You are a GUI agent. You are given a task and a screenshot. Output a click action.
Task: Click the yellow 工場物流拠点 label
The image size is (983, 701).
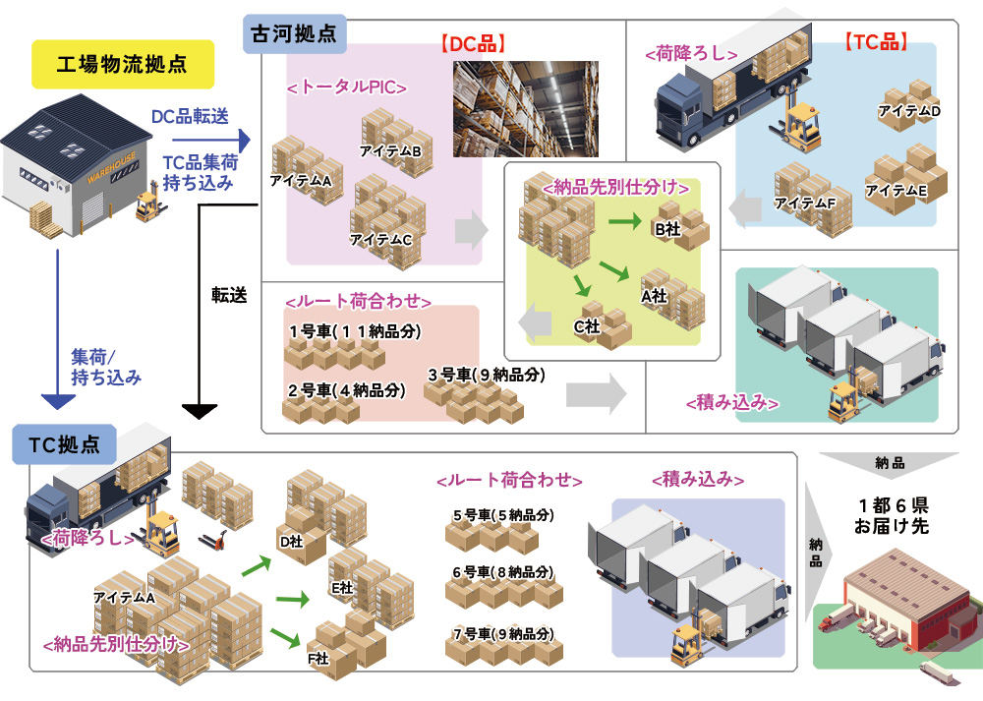click(x=123, y=64)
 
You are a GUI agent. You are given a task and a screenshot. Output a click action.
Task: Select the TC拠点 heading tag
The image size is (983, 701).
click(x=63, y=442)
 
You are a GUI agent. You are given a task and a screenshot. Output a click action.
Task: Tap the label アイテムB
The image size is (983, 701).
click(x=390, y=151)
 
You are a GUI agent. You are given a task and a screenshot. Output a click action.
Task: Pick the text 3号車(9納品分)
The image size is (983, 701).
click(x=486, y=376)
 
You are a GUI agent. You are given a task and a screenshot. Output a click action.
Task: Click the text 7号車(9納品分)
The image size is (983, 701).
click(x=503, y=634)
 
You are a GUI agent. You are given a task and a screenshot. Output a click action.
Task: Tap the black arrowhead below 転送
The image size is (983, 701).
click(x=200, y=410)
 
